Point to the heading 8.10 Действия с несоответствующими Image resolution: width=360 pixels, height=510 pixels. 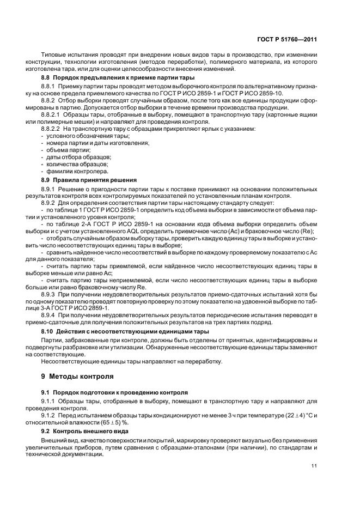125,331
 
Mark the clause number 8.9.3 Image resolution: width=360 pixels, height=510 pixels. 48,294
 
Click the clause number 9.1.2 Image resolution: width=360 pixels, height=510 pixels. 48,415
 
